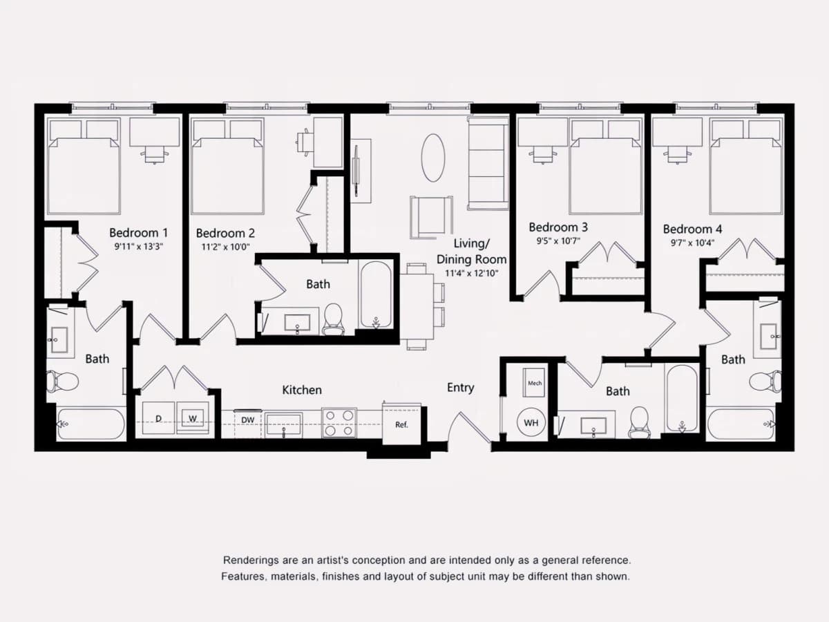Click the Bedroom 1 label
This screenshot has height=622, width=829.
point(138,233)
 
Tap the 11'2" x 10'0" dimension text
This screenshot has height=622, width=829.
point(225,247)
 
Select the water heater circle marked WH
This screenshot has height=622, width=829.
point(531,422)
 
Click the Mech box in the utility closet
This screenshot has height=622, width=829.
point(534,383)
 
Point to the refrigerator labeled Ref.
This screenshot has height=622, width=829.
point(401,424)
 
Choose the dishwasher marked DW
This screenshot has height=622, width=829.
point(248,424)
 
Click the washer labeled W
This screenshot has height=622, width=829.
point(193,418)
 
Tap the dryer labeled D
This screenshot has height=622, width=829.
point(159,418)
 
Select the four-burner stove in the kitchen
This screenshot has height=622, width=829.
point(339,423)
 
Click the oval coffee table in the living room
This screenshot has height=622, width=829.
point(433,158)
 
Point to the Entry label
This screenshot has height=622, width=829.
point(460,388)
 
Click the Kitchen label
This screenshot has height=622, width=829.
point(302,390)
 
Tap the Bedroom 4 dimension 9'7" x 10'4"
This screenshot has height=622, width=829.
point(693,243)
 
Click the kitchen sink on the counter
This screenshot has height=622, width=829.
point(283,425)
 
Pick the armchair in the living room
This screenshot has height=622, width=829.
point(431,217)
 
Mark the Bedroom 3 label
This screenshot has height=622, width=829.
point(558,227)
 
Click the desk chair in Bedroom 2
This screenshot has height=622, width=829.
point(305,142)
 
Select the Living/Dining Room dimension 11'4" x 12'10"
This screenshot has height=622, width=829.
point(472,273)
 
